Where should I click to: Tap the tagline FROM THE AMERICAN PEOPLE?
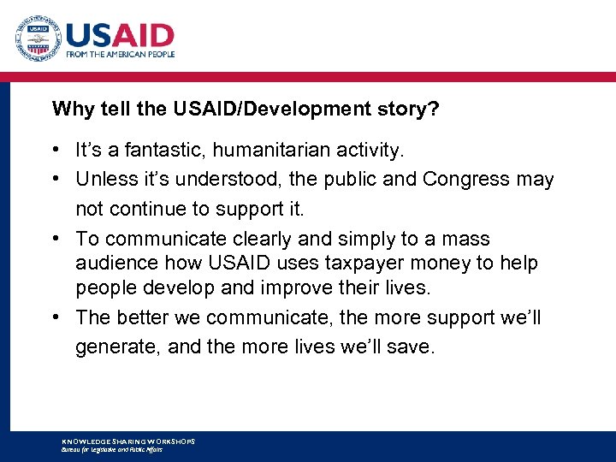[121, 54]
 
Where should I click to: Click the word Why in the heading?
[68, 109]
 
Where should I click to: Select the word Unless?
[104, 180]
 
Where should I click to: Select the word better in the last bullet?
[143, 317]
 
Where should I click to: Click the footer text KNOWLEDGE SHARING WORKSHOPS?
[128, 441]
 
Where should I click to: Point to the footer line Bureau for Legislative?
[111, 449]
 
